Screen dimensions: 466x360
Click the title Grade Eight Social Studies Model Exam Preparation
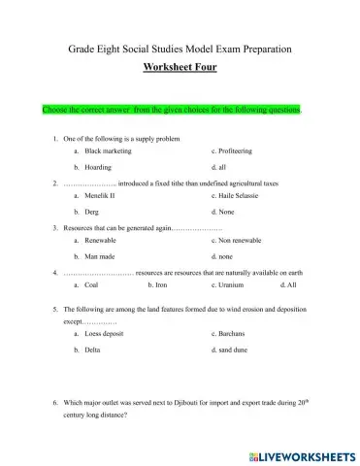pyautogui.click(x=180, y=48)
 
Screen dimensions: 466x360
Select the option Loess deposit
pyautogui.click(x=106, y=333)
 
